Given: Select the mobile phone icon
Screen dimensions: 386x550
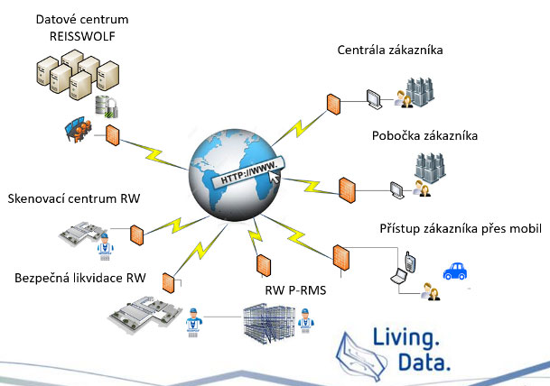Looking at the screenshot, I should coord(409,262).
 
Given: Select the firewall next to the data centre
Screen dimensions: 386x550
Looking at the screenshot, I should coord(113,136).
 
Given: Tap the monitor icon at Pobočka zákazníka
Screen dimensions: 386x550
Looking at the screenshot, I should coord(396,189).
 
